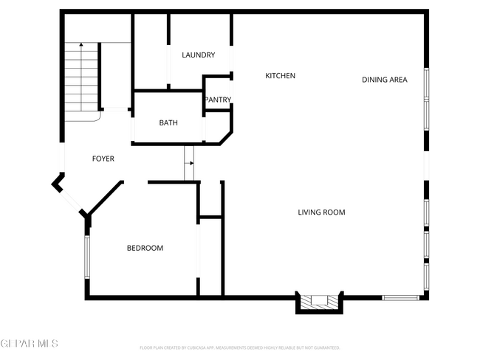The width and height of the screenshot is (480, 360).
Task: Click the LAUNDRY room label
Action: pos(198,55)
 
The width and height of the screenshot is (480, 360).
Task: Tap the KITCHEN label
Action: pos(281,76)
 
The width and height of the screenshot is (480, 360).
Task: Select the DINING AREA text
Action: pos(384,80)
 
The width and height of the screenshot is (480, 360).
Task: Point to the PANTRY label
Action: pos(218,100)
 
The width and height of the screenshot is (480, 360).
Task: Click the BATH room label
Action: pos(168,123)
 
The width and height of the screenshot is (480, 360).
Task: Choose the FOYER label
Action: pos(103,159)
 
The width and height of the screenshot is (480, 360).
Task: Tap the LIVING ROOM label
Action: pos(321,212)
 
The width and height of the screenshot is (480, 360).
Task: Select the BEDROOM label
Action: pos(145,249)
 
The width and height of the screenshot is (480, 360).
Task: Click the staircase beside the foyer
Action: pos(81,77)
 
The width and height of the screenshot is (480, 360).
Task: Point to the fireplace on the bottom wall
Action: pos(319,301)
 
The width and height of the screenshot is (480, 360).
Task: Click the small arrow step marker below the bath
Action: pos(189,162)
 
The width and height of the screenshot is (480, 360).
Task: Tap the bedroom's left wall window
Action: pos(87,257)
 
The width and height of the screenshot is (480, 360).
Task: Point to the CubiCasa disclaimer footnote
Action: pos(239,347)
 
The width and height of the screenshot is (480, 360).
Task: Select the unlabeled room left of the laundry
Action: pos(151,52)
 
